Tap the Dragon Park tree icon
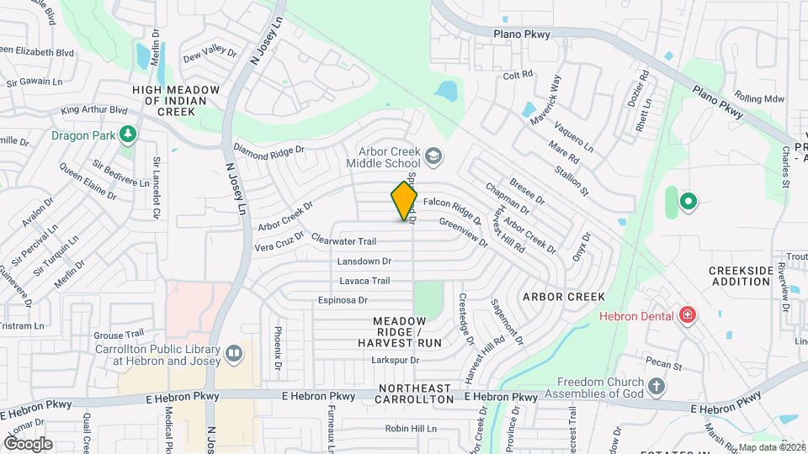point(127,134)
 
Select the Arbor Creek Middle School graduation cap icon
point(433,156)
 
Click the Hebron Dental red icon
point(687,316)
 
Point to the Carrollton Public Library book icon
point(233,354)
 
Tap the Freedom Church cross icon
point(656,387)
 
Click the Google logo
point(28,443)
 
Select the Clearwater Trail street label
point(343,240)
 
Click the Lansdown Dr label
point(364,261)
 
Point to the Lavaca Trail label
point(364,281)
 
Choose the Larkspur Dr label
point(394,360)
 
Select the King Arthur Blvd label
point(94,109)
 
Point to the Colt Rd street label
point(518,75)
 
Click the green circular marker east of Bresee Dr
point(688,201)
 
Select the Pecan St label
point(663,362)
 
